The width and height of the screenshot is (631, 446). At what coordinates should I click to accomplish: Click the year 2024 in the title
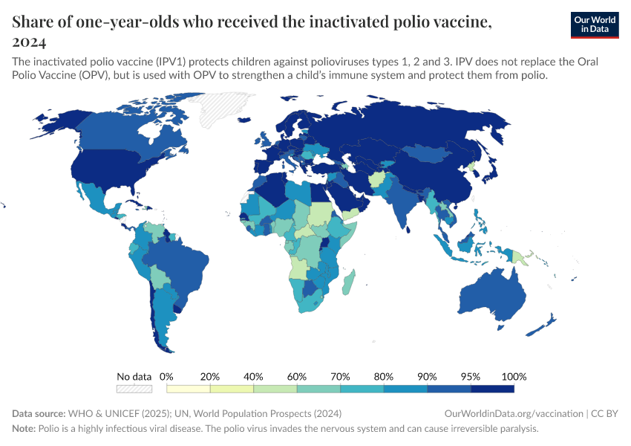[29, 42]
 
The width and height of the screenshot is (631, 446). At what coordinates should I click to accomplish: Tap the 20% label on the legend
[210, 376]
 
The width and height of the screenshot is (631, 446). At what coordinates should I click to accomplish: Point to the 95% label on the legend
[471, 376]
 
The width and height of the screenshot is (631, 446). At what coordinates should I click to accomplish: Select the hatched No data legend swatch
[134, 389]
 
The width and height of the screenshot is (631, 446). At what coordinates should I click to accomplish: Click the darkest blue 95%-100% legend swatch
[492, 389]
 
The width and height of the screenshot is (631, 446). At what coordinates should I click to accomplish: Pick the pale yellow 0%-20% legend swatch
[189, 389]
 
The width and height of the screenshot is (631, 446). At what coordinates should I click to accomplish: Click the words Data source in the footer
[39, 413]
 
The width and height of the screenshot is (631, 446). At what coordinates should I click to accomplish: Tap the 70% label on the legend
[340, 376]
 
